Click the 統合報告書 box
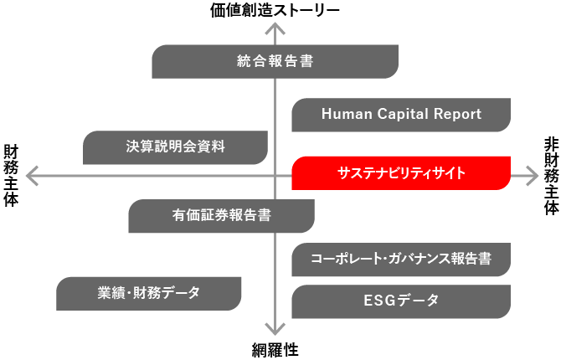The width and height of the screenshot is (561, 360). coord(275,61)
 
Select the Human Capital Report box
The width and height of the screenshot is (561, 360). coord(401,115)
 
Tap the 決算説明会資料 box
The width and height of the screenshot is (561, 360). coord(175,147)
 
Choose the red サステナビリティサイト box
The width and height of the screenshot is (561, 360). coord(401,173)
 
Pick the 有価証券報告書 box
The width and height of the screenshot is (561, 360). coord(221,215)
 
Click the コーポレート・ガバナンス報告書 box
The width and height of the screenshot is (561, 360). coord(401,259)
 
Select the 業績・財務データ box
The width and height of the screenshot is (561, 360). coord(149,293)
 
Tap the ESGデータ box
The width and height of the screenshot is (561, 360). coord(401,301)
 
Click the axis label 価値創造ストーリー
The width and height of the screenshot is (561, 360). coord(275,10)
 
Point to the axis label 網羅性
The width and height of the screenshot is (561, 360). coord(275,350)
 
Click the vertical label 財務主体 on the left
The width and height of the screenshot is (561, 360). coord(11,175)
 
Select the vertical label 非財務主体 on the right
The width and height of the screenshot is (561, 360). coord(550,175)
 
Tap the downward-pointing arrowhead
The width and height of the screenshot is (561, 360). coord(275,331)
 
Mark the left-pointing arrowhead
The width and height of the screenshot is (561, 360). coord(32,176)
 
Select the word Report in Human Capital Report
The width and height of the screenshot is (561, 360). coord(456,115)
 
